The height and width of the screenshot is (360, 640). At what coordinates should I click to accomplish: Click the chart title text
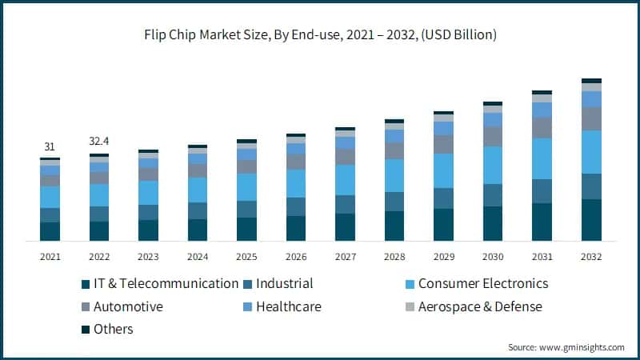(320, 34)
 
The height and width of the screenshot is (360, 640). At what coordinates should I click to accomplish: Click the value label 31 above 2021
(50, 146)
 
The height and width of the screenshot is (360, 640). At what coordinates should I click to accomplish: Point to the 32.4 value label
(99, 142)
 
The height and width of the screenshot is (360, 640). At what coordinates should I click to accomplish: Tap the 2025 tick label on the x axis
(246, 257)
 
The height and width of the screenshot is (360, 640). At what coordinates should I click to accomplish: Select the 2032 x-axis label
(591, 257)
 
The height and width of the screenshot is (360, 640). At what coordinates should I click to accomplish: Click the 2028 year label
(394, 257)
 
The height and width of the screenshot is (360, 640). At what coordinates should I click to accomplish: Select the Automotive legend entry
(128, 306)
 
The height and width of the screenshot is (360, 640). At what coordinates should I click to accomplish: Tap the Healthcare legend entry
(287, 306)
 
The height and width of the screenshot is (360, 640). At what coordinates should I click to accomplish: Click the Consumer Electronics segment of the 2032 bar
(591, 152)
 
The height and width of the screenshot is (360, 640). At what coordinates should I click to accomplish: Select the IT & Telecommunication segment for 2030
(493, 223)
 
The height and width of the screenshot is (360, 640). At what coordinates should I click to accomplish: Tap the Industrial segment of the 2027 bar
(345, 204)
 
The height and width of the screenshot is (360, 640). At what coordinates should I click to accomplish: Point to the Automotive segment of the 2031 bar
(542, 128)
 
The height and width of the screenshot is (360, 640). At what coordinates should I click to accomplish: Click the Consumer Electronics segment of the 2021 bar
(50, 197)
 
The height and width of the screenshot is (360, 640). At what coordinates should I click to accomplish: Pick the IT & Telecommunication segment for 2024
(198, 230)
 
